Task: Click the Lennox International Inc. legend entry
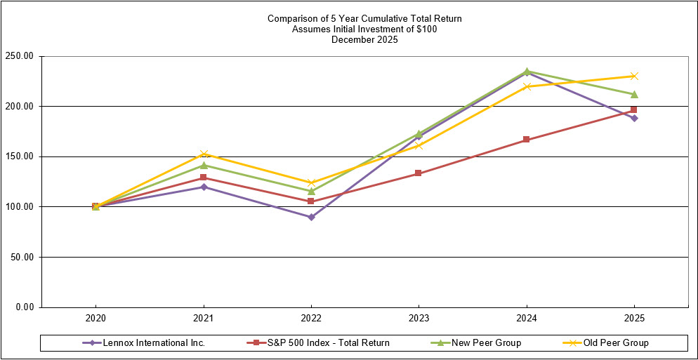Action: click(154, 343)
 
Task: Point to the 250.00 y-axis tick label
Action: click(20, 56)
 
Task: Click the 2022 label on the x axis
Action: click(311, 318)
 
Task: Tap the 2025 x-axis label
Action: click(634, 318)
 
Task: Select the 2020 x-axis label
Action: click(96, 318)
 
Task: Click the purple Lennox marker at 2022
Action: click(311, 217)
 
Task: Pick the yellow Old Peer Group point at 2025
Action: click(634, 76)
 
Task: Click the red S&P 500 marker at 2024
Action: click(527, 140)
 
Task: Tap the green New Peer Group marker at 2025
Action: click(634, 94)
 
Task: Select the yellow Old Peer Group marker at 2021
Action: click(204, 154)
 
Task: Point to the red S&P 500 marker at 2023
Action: click(419, 173)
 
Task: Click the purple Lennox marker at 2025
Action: click(634, 118)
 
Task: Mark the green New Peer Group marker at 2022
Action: click(311, 191)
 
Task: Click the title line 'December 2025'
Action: click(364, 40)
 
